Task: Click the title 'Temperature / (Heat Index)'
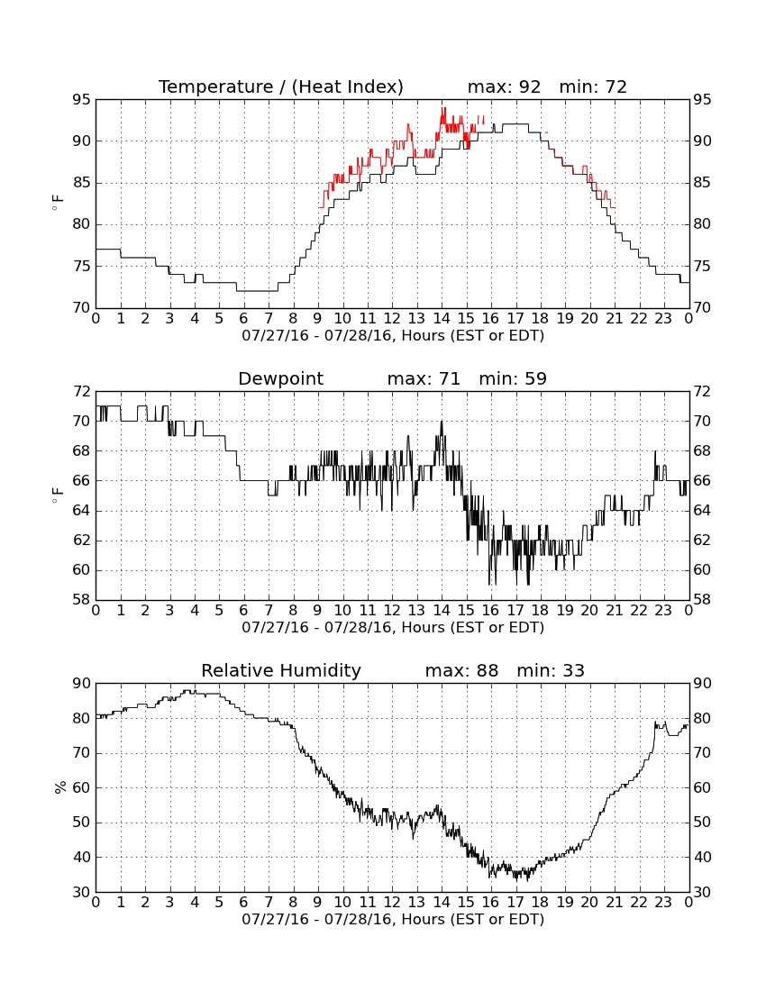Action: (x=280, y=86)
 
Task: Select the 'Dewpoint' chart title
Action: (x=280, y=378)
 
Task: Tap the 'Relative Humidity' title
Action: (x=280, y=670)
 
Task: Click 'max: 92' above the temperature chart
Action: (x=505, y=86)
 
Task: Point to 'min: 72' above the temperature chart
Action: (x=593, y=86)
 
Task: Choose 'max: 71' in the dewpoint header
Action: (x=424, y=378)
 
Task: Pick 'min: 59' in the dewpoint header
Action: (x=513, y=378)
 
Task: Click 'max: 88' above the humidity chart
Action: (x=461, y=670)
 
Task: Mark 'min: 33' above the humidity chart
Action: (x=551, y=670)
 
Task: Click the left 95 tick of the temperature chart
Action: (x=82, y=100)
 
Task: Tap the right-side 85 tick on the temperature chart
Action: (x=702, y=183)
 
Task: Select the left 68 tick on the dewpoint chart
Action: (x=82, y=450)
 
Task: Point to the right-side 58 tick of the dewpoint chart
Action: (x=702, y=600)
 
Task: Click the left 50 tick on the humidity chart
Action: (x=82, y=823)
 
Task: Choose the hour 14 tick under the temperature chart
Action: (x=442, y=319)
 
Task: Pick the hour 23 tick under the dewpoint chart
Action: (x=663, y=611)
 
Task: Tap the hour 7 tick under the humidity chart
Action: (x=269, y=903)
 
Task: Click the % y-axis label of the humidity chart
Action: (x=60, y=787)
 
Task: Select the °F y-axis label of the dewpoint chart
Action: (x=58, y=495)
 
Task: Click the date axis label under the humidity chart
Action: (x=393, y=919)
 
